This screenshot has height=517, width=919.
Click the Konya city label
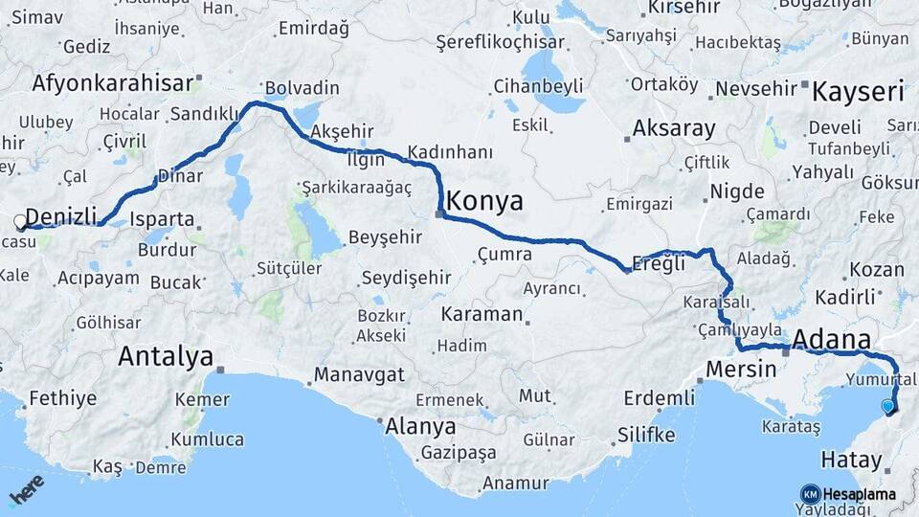click(485, 201)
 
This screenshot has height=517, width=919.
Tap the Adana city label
click(832, 340)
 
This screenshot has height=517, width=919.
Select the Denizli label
click(62, 214)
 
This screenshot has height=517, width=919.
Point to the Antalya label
click(166, 358)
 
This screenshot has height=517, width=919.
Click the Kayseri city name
click(858, 93)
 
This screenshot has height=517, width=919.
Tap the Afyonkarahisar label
click(113, 82)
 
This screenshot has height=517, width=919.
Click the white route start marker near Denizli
click(20, 222)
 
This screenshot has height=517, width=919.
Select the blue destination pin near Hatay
click(888, 406)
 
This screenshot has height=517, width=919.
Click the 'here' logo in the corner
click(26, 490)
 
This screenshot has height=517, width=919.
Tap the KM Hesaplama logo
click(848, 494)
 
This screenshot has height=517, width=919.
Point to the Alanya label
click(419, 426)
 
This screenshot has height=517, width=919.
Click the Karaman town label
click(482, 314)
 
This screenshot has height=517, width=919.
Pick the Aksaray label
click(674, 128)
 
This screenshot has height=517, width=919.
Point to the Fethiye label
click(63, 397)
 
